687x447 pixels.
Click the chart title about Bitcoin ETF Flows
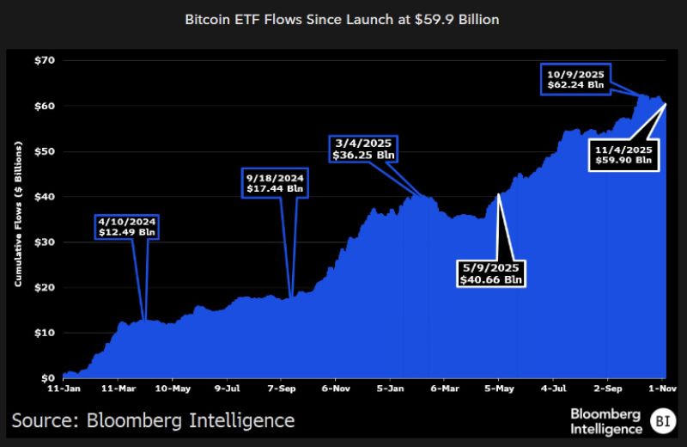click(343, 18)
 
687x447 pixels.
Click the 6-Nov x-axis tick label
click(335, 389)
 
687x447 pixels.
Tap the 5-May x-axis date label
click(498, 389)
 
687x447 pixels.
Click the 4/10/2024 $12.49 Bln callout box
click(127, 226)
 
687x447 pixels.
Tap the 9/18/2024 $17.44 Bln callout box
click(271, 183)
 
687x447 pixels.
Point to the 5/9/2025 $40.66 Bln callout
click(490, 272)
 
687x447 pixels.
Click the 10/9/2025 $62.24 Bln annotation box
click(575, 79)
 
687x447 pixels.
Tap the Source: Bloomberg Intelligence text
click(153, 420)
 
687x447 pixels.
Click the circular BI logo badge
click(660, 421)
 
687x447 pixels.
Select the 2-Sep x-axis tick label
click(607, 389)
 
